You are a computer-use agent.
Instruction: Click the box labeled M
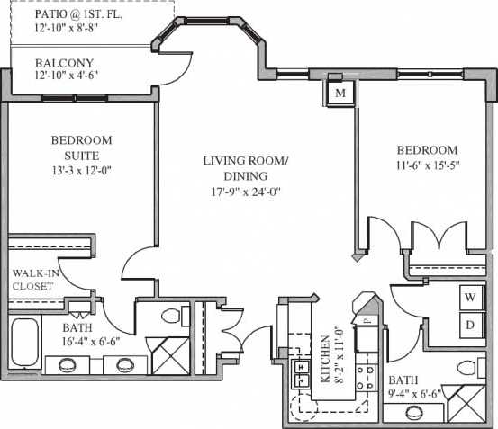coord(340,94)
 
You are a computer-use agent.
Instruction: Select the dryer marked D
coord(470,324)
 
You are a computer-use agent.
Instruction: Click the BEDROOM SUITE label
coord(81,147)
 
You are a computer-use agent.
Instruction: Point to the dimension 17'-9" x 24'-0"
coord(245,191)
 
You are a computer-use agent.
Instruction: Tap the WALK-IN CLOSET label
coord(33,279)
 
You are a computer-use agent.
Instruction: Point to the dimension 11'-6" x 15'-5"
coord(426,165)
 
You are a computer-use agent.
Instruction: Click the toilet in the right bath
coord(466,368)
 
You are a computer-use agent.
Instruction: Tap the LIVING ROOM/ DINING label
coord(245,168)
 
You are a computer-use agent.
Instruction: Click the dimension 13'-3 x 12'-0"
coord(81,168)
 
